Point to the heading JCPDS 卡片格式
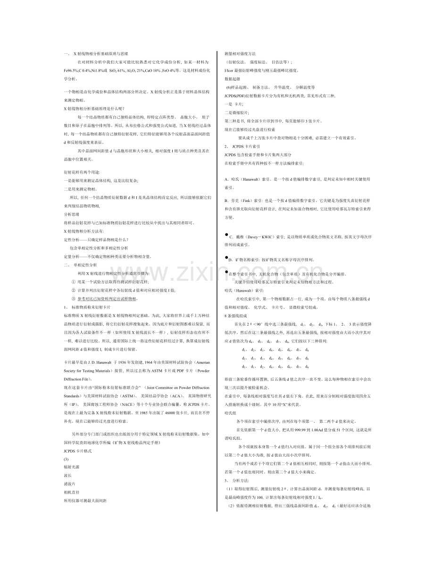point(77,451)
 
